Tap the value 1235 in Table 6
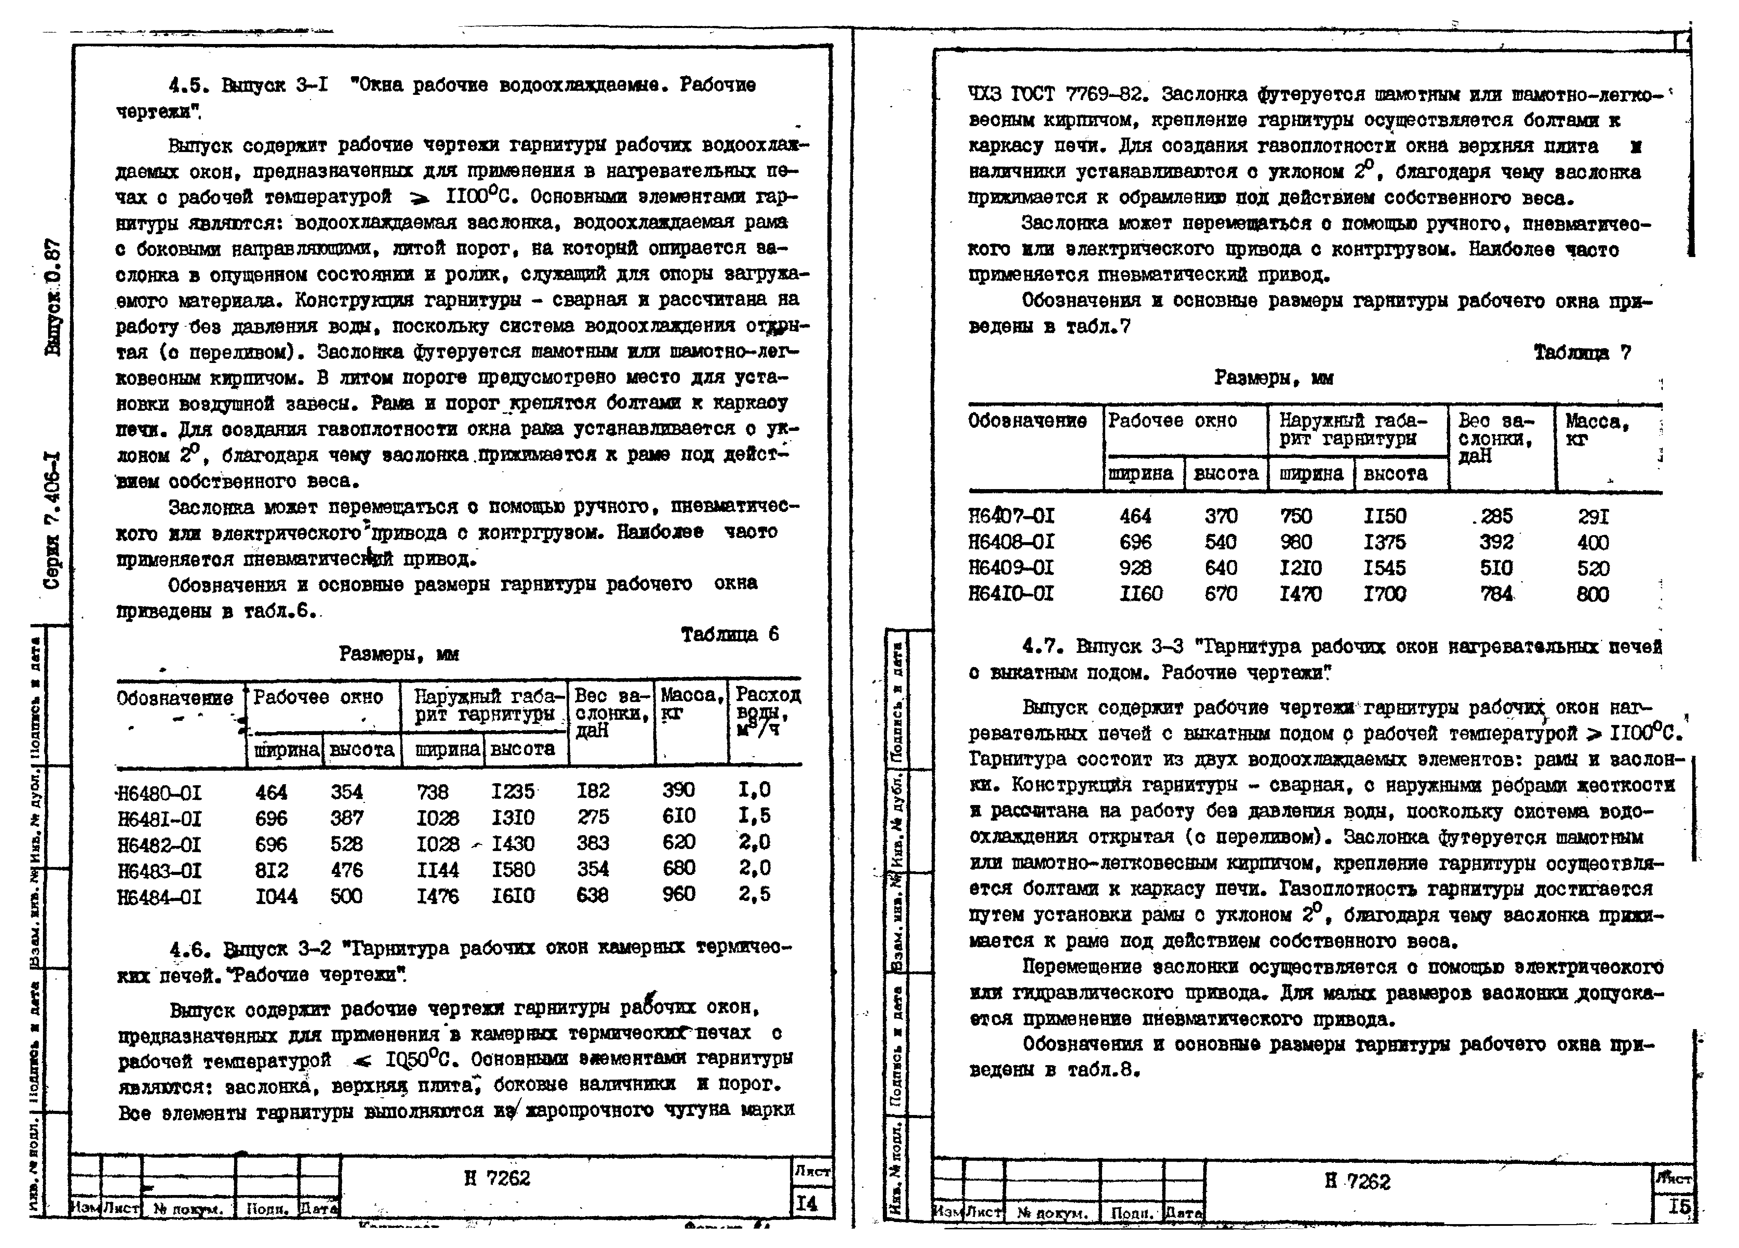click(512, 791)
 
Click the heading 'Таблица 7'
click(1582, 353)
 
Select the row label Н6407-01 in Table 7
click(1011, 516)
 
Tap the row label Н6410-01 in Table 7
click(1011, 594)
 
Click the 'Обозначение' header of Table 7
click(1028, 421)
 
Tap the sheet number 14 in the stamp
click(807, 1204)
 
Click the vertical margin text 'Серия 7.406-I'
click(52, 522)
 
